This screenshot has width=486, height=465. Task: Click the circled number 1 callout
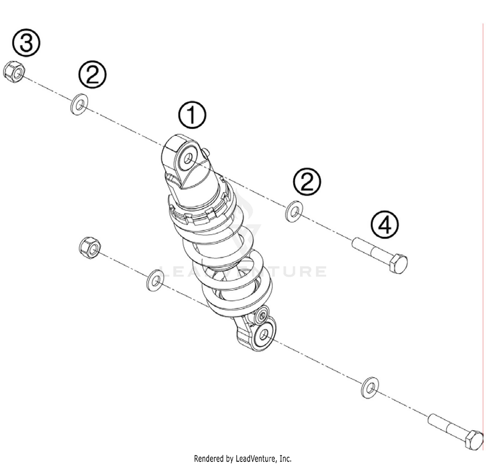pyautogui.click(x=192, y=116)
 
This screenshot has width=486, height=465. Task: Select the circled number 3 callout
pyautogui.click(x=26, y=43)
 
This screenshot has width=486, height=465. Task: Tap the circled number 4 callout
pyautogui.click(x=385, y=225)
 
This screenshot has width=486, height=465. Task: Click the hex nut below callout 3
pyautogui.click(x=14, y=71)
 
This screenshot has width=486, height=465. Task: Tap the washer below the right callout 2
pyautogui.click(x=294, y=211)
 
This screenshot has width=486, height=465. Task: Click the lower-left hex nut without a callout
pyautogui.click(x=89, y=248)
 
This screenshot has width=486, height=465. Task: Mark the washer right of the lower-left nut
pyautogui.click(x=155, y=280)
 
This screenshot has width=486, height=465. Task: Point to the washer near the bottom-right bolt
pyautogui.click(x=370, y=388)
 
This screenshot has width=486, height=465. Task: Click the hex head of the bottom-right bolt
pyautogui.click(x=474, y=440)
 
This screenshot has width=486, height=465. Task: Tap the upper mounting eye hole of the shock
pyautogui.click(x=188, y=159)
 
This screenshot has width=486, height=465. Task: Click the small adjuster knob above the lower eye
pyautogui.click(x=261, y=316)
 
